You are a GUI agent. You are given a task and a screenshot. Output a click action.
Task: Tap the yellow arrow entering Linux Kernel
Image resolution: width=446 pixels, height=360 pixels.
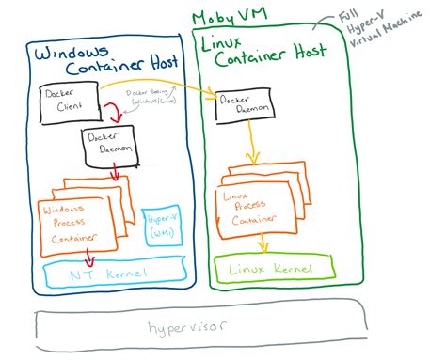266,246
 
